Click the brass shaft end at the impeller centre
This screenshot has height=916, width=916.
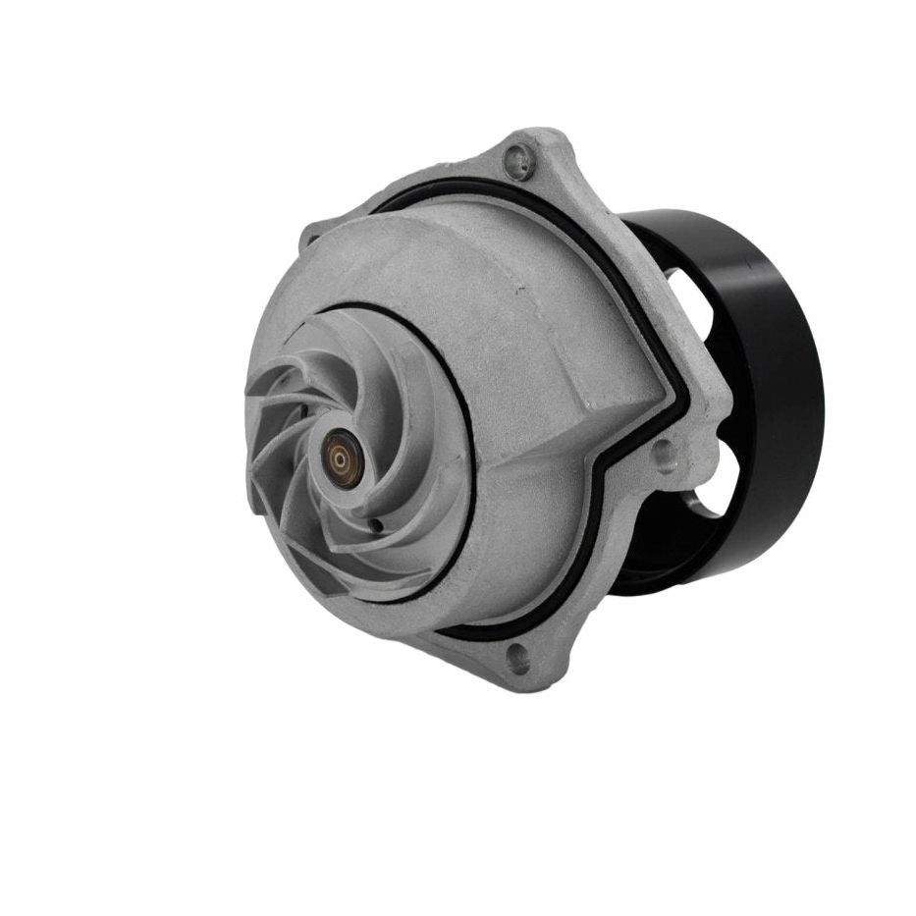340,458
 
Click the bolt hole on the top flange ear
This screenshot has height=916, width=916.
517,156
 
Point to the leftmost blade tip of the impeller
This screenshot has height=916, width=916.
251,432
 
